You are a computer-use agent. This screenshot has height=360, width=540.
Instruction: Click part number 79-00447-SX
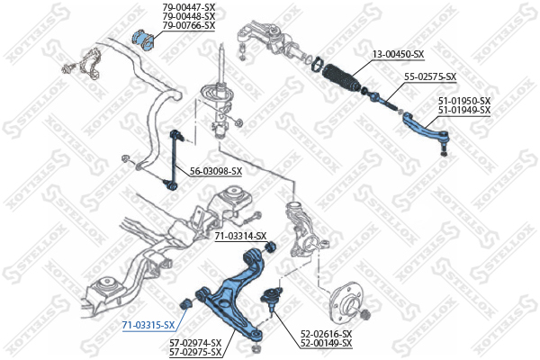tap(189, 6)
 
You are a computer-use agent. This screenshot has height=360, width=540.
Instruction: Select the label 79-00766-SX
tap(189, 25)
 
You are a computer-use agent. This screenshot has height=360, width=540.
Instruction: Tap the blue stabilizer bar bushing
tap(144, 40)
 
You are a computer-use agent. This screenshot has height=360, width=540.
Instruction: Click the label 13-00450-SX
tap(398, 54)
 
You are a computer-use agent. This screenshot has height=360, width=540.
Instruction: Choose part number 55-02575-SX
tap(430, 76)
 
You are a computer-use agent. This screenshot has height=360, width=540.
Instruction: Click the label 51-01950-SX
tap(464, 101)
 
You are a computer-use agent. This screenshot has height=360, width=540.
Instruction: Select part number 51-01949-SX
tap(464, 110)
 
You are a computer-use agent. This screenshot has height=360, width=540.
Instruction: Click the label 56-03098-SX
tap(216, 171)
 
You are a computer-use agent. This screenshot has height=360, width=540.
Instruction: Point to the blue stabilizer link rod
tap(173, 159)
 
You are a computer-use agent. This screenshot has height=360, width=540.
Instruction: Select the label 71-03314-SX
tap(240, 236)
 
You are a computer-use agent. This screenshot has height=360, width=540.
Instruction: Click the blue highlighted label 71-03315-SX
tap(148, 325)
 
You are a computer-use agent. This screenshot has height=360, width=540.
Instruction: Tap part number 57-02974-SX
tap(195, 343)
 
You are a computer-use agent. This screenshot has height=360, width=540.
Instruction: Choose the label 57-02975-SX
tap(195, 352)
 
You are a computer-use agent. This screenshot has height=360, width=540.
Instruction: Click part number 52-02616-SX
tap(326, 334)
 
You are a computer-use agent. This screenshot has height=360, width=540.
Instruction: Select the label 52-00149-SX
tap(326, 343)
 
